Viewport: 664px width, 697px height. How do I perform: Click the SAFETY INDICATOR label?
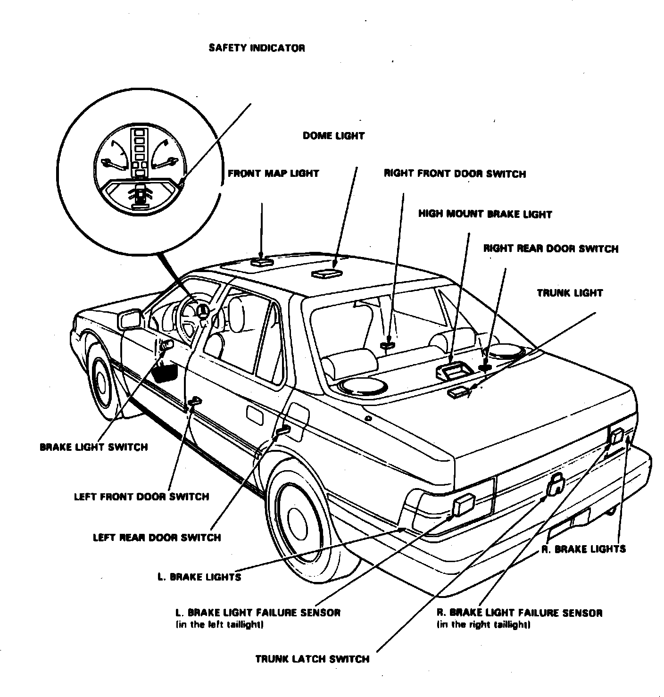257,48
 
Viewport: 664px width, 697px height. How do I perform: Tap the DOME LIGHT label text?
333,136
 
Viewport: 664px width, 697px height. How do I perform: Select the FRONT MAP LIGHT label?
273,174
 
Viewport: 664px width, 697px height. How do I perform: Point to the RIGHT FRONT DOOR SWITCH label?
455,174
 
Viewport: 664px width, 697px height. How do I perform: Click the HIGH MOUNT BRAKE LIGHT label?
485,214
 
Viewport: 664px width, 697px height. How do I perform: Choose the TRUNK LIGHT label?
570,293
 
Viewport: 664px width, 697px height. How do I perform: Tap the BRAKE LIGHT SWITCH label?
94,447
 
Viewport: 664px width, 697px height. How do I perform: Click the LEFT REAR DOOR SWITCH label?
157,538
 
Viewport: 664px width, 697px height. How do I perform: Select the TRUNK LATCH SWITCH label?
312,659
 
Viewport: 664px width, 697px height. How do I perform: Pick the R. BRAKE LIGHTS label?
583,549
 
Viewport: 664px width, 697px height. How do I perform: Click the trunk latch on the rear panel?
556,484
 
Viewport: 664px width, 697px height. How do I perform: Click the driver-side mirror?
131,319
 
